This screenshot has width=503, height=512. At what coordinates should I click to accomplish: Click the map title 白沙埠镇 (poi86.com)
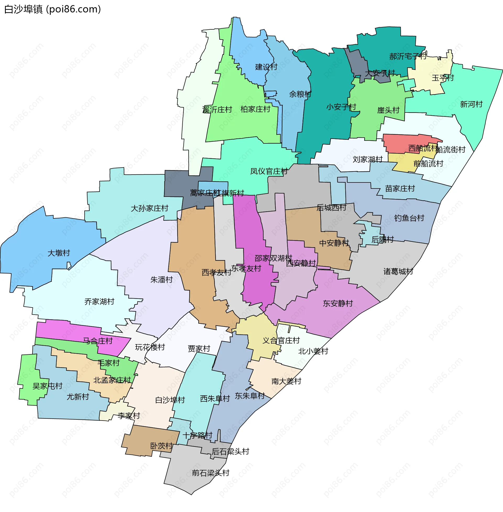coord(53,9)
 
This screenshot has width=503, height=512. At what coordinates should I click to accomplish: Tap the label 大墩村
coord(59,253)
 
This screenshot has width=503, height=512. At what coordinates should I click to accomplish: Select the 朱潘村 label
coord(161,280)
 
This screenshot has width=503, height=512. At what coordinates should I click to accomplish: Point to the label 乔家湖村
coord(99,301)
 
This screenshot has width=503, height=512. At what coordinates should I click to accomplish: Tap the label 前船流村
coord(428,164)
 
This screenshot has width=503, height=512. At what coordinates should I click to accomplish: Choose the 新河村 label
coord(471,104)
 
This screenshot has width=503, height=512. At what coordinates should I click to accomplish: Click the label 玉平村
coord(442,78)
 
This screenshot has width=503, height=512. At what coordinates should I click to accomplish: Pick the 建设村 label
coord(266,67)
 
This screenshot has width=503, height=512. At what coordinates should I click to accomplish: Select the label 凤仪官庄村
coord(269,171)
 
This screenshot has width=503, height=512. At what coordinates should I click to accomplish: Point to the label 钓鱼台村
coord(409,218)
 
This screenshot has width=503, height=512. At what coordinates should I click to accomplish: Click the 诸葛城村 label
coord(398,271)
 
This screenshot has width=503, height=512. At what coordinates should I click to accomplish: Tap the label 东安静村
coord(338,303)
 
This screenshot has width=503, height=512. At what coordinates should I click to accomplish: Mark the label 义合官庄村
coord(281,341)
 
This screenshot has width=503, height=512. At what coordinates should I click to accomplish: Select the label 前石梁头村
coord(211,473)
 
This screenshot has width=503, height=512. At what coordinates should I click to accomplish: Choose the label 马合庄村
coord(98,341)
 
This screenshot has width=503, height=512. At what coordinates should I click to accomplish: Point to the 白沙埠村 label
coord(170,400)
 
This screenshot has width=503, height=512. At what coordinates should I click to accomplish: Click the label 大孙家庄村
coord(150,208)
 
